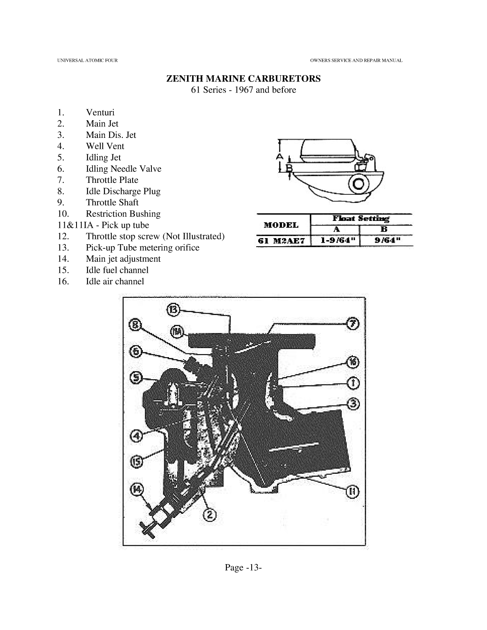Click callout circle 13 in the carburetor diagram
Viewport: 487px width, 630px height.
[174, 310]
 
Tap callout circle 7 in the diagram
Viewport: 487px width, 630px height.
[353, 323]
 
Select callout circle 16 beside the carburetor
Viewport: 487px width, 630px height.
[353, 362]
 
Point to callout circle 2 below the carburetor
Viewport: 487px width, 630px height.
[210, 514]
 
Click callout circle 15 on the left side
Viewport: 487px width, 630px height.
[137, 461]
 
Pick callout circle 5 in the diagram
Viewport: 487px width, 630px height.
[137, 377]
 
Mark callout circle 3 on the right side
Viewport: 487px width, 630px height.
[353, 404]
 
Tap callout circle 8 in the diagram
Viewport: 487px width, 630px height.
[136, 325]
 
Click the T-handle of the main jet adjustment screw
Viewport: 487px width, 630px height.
[146, 529]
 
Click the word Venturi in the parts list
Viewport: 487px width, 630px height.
[100, 112]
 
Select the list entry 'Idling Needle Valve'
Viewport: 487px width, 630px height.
[123, 169]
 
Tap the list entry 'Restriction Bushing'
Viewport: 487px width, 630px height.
[123, 214]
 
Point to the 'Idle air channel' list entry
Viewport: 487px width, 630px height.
[115, 281]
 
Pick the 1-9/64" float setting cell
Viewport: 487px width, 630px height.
[336, 240]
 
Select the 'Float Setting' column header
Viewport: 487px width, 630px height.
[361, 218]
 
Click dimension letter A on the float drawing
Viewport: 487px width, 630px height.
[279, 156]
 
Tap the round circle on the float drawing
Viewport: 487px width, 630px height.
[358, 184]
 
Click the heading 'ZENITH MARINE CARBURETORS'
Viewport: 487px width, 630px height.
[243, 79]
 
